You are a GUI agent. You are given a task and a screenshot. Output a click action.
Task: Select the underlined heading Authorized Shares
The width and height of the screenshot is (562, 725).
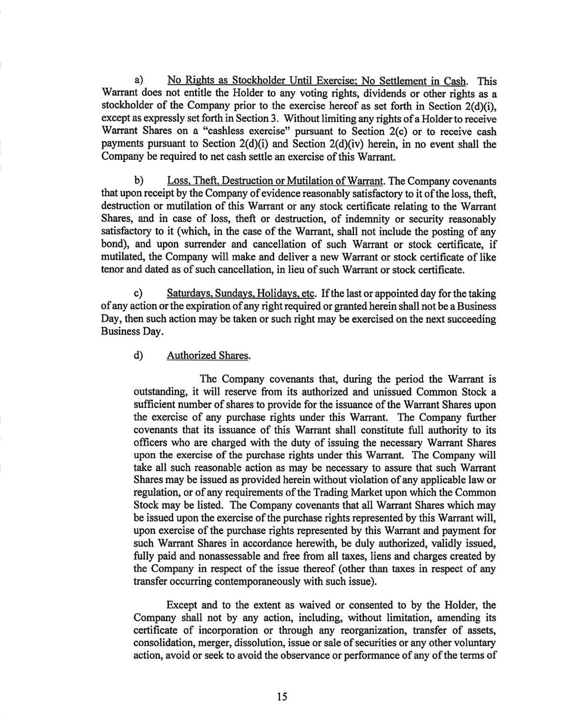pos(208,355)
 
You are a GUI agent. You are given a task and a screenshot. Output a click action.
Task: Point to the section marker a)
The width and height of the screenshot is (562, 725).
pos(139,81)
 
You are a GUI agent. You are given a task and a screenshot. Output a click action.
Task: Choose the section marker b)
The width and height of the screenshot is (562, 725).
pos(139,181)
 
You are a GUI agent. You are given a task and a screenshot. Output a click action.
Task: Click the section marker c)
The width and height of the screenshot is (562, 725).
pos(139,294)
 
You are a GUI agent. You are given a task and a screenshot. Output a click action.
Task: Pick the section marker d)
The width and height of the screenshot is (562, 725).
pos(139,355)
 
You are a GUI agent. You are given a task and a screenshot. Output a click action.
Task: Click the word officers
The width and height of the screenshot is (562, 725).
pos(150,442)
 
